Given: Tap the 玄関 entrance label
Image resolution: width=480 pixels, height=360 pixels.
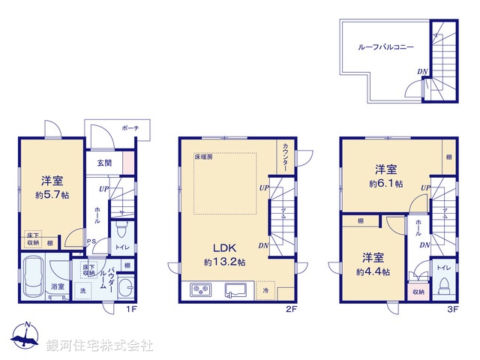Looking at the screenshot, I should coord(103,163).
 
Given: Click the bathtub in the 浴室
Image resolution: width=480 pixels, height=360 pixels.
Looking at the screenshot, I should coord(34,275).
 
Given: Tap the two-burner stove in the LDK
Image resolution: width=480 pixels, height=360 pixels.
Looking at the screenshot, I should coord(200,289).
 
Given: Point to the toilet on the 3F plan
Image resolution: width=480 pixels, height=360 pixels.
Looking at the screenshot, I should coord(443,285).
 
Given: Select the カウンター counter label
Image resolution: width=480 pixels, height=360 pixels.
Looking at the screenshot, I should coord(286,157).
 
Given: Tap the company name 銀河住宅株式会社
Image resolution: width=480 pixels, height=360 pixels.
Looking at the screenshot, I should coord(99,345).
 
